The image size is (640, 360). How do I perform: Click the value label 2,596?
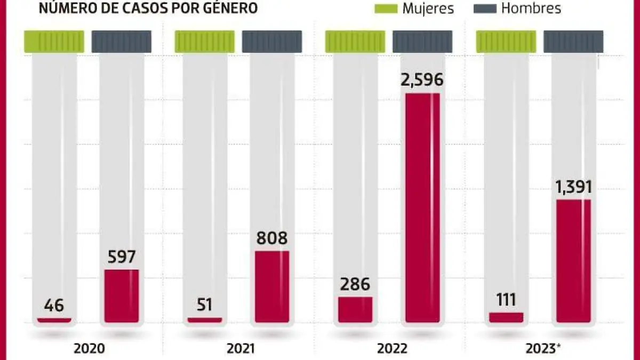422,80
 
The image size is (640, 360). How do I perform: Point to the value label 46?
54,306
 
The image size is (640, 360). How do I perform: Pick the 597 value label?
122,257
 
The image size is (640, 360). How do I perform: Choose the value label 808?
272,238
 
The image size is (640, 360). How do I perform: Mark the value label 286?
355,284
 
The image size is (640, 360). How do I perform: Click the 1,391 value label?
573,187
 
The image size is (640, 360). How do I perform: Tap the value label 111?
506,300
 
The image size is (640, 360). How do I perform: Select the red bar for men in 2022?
422,208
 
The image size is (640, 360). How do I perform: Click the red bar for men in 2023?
573,261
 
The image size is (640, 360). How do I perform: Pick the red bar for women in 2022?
355,310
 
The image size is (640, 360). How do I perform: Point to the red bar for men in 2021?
272,286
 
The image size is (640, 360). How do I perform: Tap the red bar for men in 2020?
122,296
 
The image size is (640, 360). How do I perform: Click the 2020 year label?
90,349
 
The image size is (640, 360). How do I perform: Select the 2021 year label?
241,349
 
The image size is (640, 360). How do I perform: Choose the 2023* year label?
543,349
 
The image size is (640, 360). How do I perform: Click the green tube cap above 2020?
54,42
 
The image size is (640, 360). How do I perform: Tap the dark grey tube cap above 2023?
573,42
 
